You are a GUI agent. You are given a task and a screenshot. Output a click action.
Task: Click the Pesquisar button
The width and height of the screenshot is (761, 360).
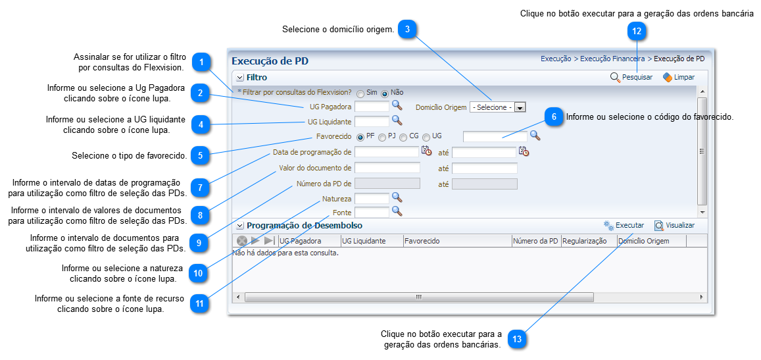click(x=631, y=78)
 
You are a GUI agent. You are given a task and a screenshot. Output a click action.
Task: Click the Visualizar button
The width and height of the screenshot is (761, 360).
click(x=674, y=226)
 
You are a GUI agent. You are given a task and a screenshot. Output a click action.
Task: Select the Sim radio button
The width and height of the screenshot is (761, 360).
click(x=360, y=93)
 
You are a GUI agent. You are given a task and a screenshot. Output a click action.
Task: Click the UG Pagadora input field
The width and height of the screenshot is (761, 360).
click(x=372, y=106)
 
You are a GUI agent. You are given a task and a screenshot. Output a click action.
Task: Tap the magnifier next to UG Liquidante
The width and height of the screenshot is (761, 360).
click(x=397, y=120)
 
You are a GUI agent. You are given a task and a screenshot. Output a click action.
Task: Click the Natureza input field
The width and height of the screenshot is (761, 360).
click(x=372, y=198)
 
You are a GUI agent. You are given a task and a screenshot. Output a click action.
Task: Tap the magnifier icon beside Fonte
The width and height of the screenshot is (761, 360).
click(x=397, y=211)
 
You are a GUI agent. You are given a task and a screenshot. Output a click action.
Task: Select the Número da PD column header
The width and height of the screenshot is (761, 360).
click(x=535, y=241)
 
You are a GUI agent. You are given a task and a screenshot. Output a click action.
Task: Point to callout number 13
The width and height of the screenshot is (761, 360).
click(x=517, y=340)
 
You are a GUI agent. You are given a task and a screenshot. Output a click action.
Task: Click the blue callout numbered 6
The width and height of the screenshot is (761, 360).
click(x=554, y=116)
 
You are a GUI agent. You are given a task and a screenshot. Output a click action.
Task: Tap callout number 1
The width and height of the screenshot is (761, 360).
click(x=203, y=63)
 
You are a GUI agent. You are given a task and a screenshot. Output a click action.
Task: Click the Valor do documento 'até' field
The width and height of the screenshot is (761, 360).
click(x=484, y=168)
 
